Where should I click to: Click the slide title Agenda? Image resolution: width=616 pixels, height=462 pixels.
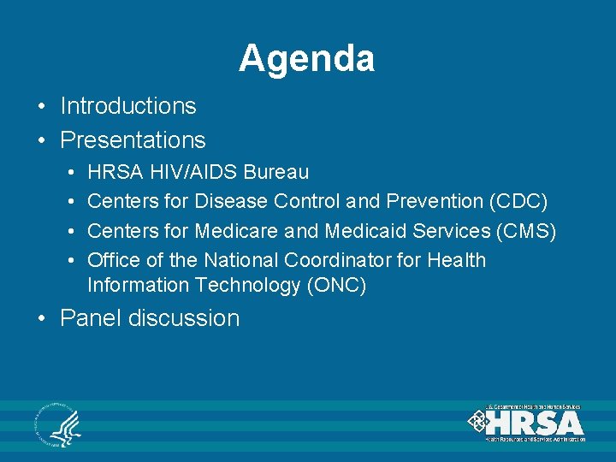tap(306, 59)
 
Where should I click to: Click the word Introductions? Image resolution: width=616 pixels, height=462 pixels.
tap(128, 106)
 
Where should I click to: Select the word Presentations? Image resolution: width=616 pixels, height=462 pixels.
tap(133, 139)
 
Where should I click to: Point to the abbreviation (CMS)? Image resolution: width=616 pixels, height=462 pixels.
tap(524, 231)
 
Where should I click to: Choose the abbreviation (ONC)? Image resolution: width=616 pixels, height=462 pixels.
tap(336, 286)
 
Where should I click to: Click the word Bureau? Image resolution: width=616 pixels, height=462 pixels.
tap(275, 172)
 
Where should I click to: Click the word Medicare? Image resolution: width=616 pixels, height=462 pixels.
tap(236, 231)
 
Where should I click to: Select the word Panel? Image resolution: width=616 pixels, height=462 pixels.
tap(91, 318)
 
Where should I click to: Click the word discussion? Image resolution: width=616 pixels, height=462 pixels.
tap(184, 318)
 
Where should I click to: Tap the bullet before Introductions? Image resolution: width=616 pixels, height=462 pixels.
tap(41, 107)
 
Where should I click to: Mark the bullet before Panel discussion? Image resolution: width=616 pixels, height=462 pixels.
tap(41, 319)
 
